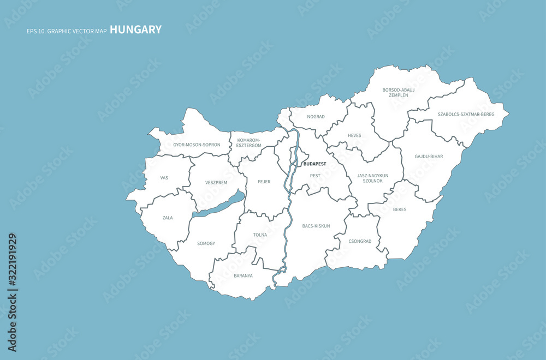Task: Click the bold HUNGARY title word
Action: pos(135,29)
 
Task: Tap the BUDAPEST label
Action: pos(314,164)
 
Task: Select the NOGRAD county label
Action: pos(316,117)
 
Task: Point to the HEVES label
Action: pos(354,135)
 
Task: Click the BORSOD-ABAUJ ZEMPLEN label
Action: pos(399,92)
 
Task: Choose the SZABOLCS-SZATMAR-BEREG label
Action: pos(466,114)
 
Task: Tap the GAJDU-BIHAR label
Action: pos(429,157)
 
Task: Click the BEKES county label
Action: pos(399,209)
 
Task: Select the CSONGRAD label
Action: pos(360,241)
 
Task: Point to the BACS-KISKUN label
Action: pos(316,226)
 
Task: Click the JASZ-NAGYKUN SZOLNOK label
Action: pos(373,178)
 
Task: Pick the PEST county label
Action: pos(315,176)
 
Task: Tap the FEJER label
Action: pos(264,182)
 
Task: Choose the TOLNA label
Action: pos(260,235)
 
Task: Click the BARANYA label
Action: pos(243,275)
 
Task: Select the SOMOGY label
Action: pos(206,243)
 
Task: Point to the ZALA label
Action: pos(168,218)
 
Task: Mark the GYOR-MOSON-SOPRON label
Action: pos(197,145)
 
